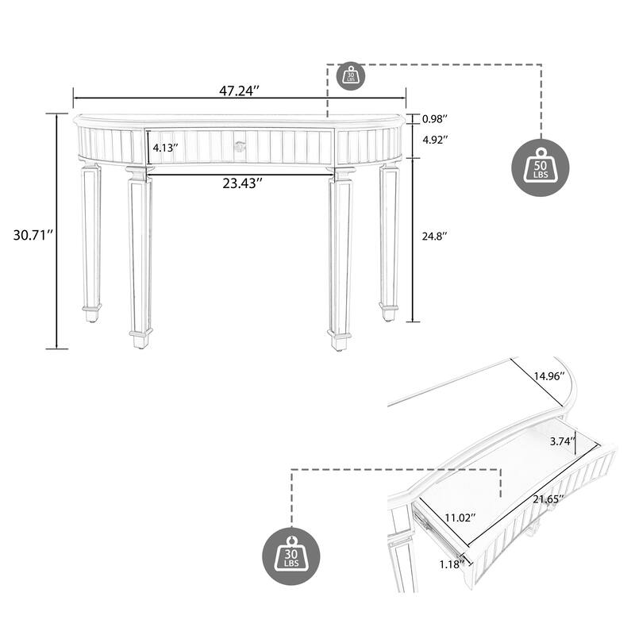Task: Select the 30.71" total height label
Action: click(x=33, y=235)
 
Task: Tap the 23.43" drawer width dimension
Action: click(x=242, y=183)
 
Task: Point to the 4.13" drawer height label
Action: click(x=165, y=148)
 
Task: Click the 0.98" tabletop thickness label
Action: click(x=435, y=119)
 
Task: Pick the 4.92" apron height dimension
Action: click(x=435, y=140)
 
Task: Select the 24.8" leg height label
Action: click(x=434, y=236)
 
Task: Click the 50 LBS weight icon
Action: click(x=541, y=167)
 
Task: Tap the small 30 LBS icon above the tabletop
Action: click(x=351, y=75)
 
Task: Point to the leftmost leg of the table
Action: click(x=91, y=238)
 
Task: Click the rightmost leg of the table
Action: click(x=388, y=238)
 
